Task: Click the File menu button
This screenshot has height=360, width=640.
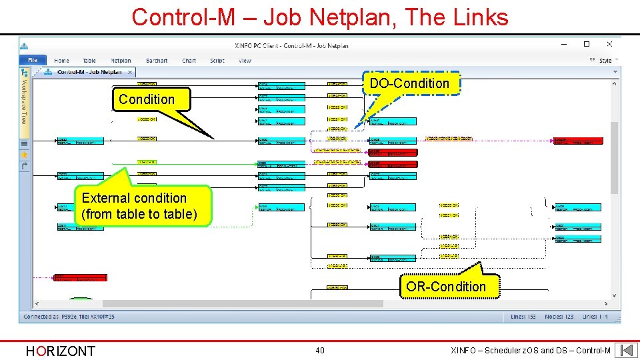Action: (x=33, y=61)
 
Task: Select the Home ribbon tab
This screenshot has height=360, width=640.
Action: (x=61, y=61)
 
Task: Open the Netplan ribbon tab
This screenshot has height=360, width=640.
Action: (x=121, y=61)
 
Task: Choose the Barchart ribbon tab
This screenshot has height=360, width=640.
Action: (x=157, y=61)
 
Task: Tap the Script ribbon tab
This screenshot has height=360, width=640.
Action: (x=217, y=61)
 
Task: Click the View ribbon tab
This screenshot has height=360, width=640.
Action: (x=245, y=61)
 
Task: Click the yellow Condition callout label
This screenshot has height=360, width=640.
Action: (x=146, y=99)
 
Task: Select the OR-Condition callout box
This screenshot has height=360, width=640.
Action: (x=446, y=287)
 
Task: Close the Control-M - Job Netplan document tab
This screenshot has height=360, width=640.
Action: (x=130, y=72)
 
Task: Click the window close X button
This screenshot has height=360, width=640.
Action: (x=609, y=45)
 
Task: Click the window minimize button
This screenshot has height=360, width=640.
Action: (x=565, y=45)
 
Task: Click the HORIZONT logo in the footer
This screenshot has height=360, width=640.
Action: (x=60, y=351)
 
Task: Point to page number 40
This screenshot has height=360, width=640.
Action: (x=320, y=351)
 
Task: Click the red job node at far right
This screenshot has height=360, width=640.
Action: (x=578, y=141)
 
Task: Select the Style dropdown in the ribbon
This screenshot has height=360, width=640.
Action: (x=605, y=61)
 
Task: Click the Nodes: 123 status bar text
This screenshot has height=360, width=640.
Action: (x=559, y=317)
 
